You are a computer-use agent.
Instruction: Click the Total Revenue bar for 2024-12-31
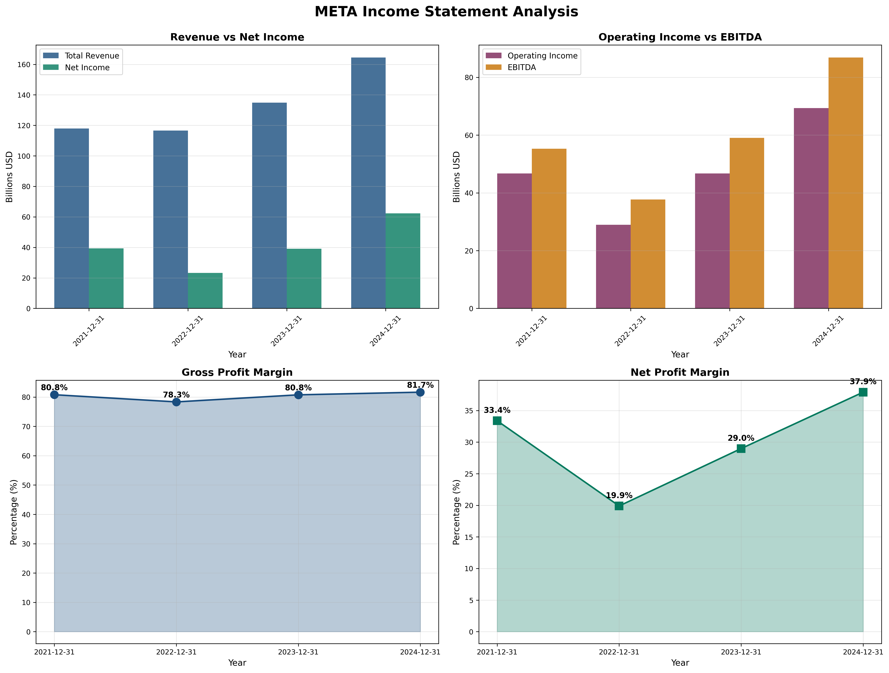tap(368, 183)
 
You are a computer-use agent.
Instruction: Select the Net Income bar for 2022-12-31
tap(205, 291)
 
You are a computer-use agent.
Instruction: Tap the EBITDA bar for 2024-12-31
tap(846, 183)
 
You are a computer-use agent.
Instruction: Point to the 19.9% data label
tap(619, 495)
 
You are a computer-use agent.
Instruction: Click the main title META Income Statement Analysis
tap(446, 12)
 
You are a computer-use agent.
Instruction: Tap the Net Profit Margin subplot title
tap(680, 372)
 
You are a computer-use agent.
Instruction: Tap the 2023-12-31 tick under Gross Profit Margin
tap(298, 652)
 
